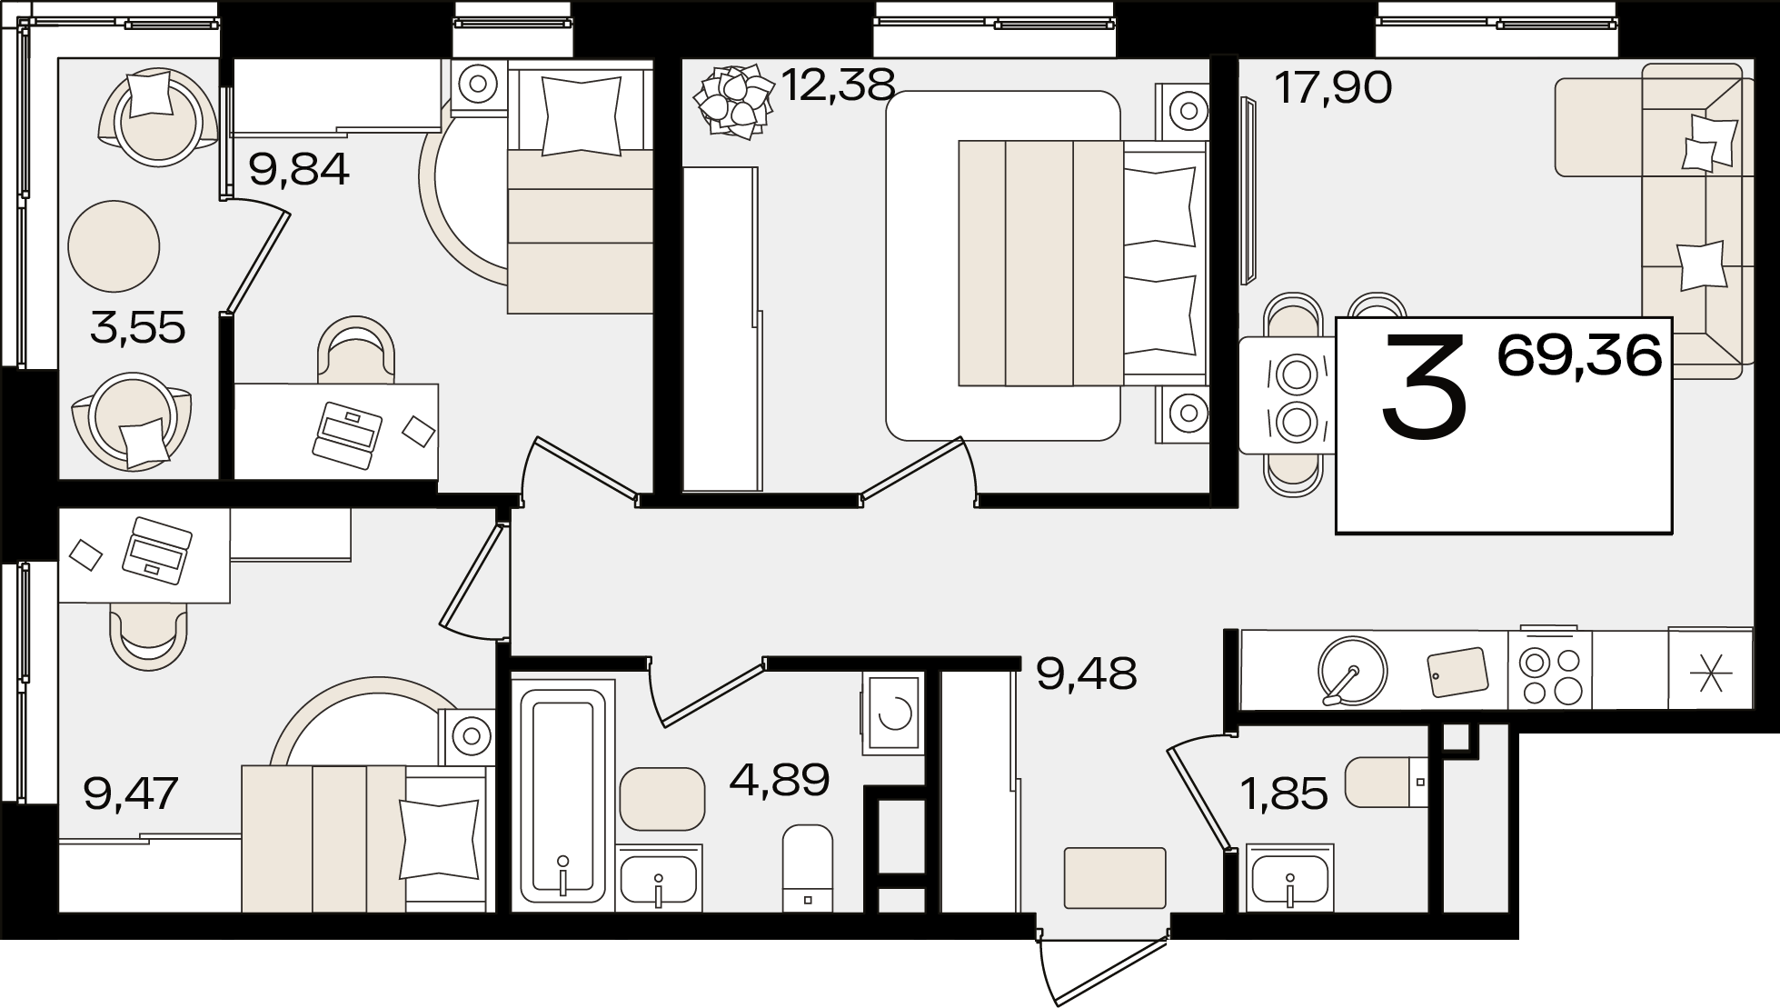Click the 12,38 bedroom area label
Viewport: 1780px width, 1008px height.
838,85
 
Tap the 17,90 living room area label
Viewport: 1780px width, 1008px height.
1333,89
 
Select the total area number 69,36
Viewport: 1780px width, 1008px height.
1579,355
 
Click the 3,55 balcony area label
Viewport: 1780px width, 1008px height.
138,327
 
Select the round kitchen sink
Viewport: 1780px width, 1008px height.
1352,670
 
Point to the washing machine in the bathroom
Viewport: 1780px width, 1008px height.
892,714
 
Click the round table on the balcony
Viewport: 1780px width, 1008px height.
114,246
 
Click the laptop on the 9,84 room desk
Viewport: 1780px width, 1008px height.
346,434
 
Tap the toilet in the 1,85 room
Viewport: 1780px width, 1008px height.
1387,782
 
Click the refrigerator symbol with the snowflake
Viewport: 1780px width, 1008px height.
1710,673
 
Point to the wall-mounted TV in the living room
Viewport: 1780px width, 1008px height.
1249,190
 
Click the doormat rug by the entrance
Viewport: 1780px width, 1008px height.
1115,877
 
